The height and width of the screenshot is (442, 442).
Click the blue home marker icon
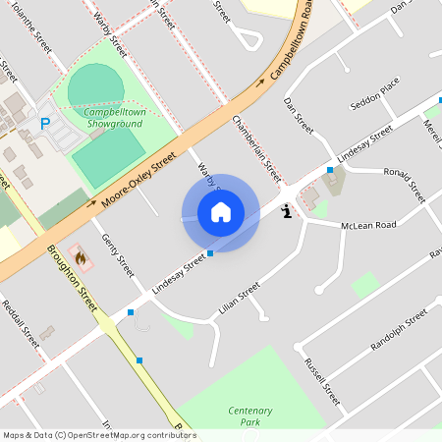tap(220, 212)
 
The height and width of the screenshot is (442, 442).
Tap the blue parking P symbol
tap(44, 125)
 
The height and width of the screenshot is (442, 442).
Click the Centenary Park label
tap(249, 415)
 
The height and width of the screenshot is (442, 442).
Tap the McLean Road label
tap(368, 225)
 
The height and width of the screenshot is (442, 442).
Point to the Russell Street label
tap(321, 382)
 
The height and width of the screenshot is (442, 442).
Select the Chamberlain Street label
tap(256, 147)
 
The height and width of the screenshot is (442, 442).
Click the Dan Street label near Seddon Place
tap(298, 116)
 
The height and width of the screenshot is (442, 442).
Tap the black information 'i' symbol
tap(286, 210)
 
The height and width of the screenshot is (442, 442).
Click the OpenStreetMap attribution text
tap(99, 435)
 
